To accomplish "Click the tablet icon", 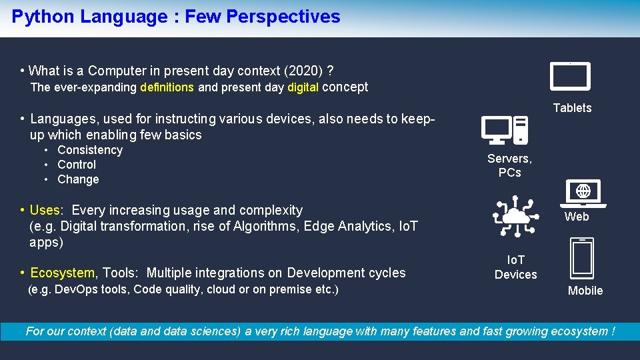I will [x=570, y=76].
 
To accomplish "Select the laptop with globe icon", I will [x=583, y=193].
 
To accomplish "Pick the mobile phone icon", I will [x=582, y=259].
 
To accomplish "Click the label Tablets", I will [x=572, y=108].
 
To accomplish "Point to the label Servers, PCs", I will [x=509, y=165].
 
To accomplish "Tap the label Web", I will [x=577, y=217].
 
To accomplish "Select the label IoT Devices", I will [x=515, y=267].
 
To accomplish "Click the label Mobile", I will [x=585, y=291].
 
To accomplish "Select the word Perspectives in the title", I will [x=283, y=17].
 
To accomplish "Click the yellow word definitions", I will [x=167, y=87].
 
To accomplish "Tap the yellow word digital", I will [x=303, y=87].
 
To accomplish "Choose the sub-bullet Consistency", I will [x=90, y=151].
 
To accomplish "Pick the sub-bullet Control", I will [x=77, y=165].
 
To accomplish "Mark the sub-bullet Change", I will [x=78, y=179].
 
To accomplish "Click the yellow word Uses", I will [x=45, y=211].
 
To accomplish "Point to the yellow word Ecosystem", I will [x=64, y=273].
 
